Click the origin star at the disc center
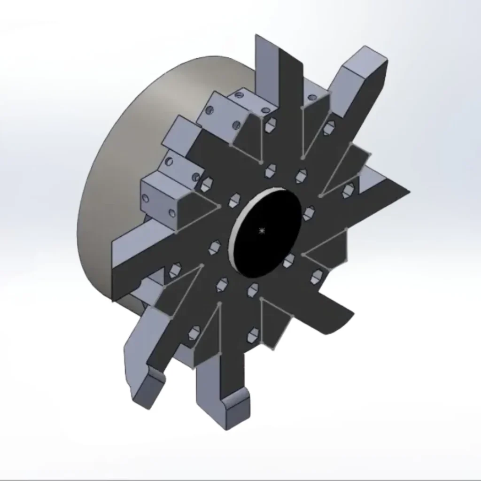point(262,230)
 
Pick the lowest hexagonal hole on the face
point(253,335)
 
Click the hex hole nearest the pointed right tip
point(349,190)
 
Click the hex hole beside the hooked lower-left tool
point(194,333)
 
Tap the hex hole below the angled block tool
point(330,126)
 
